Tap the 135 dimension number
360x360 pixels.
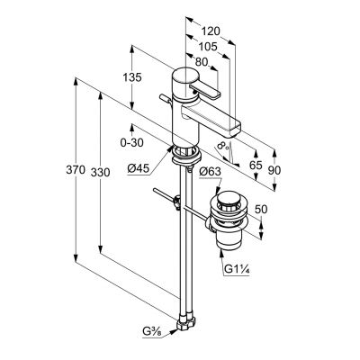pyautogui.click(x=132, y=77)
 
